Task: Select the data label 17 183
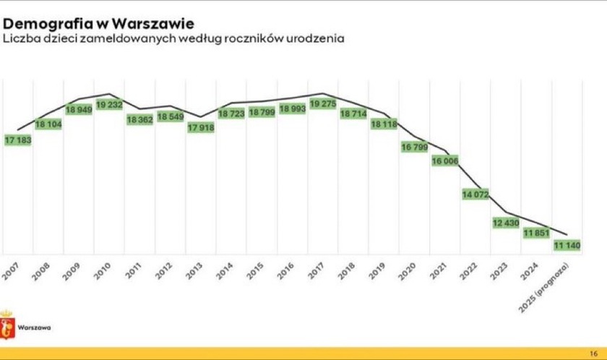tap(18, 140)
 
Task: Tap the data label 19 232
tap(109, 104)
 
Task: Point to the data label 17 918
tap(201, 128)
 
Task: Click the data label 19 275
tap(323, 104)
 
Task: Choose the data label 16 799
tap(415, 147)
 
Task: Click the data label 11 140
tap(567, 246)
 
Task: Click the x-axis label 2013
tap(194, 271)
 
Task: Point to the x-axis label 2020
tap(408, 271)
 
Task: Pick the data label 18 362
tap(139, 119)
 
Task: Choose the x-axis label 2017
tap(317, 271)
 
